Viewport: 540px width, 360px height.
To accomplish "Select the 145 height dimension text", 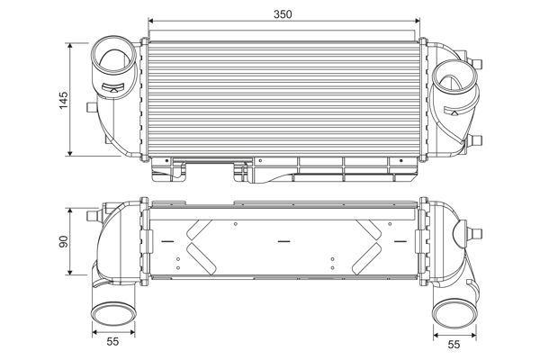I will [x=63, y=98].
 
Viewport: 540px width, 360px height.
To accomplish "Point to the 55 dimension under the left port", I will [x=112, y=343].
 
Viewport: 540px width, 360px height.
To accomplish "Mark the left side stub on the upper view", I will [x=88, y=108].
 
